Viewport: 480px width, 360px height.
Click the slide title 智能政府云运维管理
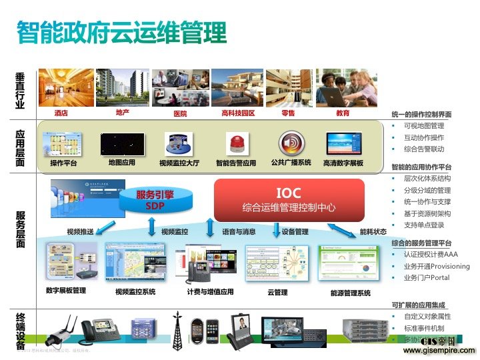[122, 32]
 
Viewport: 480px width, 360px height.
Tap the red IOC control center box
[289, 199]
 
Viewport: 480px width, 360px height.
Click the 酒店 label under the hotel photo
[61, 113]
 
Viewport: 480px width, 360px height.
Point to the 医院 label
[180, 113]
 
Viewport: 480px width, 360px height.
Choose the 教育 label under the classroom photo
[343, 113]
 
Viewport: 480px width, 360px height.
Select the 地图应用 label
[121, 163]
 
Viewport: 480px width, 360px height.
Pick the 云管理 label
[277, 292]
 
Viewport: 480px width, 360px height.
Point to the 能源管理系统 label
[350, 292]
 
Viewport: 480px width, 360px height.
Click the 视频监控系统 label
[135, 291]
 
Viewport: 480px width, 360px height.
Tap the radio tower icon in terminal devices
[178, 329]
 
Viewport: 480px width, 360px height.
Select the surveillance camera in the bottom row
[63, 329]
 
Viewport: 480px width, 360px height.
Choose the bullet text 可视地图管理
[424, 126]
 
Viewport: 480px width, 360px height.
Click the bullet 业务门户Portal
[427, 277]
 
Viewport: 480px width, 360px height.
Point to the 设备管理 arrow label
[295, 232]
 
